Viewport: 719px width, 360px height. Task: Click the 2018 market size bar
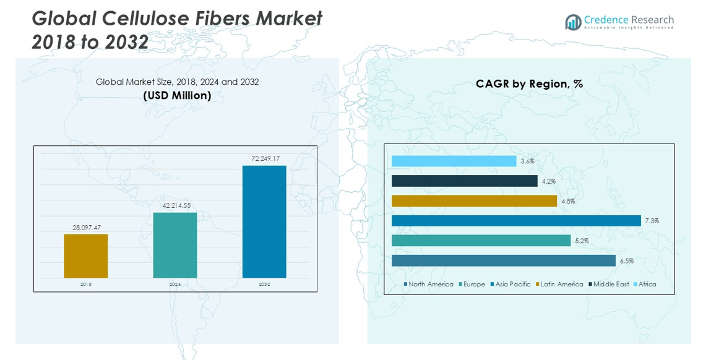click(x=85, y=255)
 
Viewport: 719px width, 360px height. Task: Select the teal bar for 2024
click(x=175, y=245)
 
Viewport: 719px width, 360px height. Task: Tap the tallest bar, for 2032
click(x=264, y=221)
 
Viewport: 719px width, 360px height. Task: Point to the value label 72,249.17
click(x=265, y=159)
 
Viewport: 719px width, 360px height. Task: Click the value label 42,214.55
click(x=176, y=205)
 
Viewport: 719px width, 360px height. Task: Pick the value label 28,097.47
click(x=86, y=228)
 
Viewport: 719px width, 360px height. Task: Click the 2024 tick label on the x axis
click(x=175, y=285)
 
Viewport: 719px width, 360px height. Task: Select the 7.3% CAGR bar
click(x=516, y=221)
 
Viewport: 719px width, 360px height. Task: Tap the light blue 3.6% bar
click(x=454, y=161)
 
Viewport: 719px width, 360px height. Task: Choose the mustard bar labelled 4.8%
click(x=474, y=201)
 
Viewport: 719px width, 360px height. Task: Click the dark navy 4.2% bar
click(x=464, y=181)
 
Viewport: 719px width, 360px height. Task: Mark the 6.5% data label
click(x=626, y=261)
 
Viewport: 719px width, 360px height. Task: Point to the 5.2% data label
click(x=582, y=241)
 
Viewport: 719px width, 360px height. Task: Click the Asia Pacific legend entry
click(x=511, y=285)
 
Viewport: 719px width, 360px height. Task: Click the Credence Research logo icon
click(x=573, y=22)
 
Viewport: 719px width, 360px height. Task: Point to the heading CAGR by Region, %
click(x=529, y=84)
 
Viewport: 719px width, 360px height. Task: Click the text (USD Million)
click(x=177, y=95)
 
